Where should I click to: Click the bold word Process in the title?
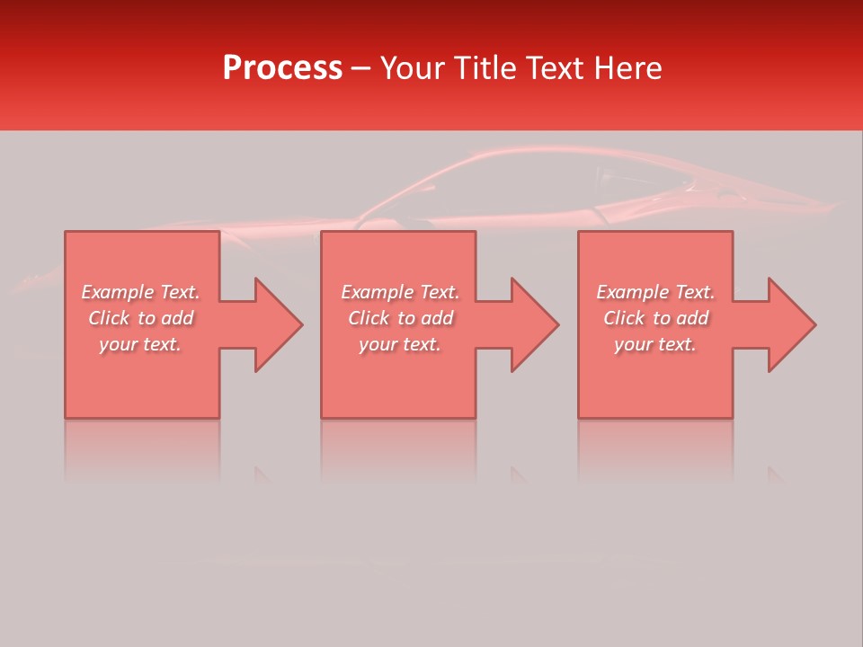click(282, 68)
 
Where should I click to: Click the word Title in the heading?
click(483, 68)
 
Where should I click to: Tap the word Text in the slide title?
click(556, 68)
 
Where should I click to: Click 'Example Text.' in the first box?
click(140, 292)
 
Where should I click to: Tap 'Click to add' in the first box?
click(140, 318)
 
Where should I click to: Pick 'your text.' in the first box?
click(140, 344)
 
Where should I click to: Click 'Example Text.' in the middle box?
click(399, 292)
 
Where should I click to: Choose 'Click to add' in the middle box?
click(399, 318)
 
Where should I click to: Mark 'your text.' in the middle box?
click(399, 344)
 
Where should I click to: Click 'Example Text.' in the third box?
click(655, 292)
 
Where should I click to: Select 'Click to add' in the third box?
click(655, 318)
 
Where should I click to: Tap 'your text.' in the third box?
click(655, 344)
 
